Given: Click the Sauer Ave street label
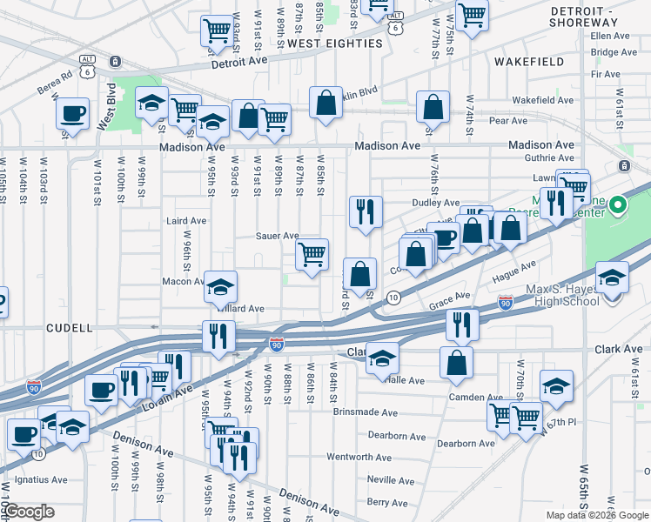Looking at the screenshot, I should [277, 236].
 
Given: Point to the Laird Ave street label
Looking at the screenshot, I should [186, 221].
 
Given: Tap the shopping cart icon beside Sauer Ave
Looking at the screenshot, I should [312, 255].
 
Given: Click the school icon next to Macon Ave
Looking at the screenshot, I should [221, 285].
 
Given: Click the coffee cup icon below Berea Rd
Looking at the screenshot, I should [72, 113].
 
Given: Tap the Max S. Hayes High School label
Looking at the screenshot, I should [562, 295].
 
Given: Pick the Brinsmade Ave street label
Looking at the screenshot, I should [365, 412].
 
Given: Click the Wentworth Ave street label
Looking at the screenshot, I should [359, 457].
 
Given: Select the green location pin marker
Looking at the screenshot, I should [618, 205].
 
